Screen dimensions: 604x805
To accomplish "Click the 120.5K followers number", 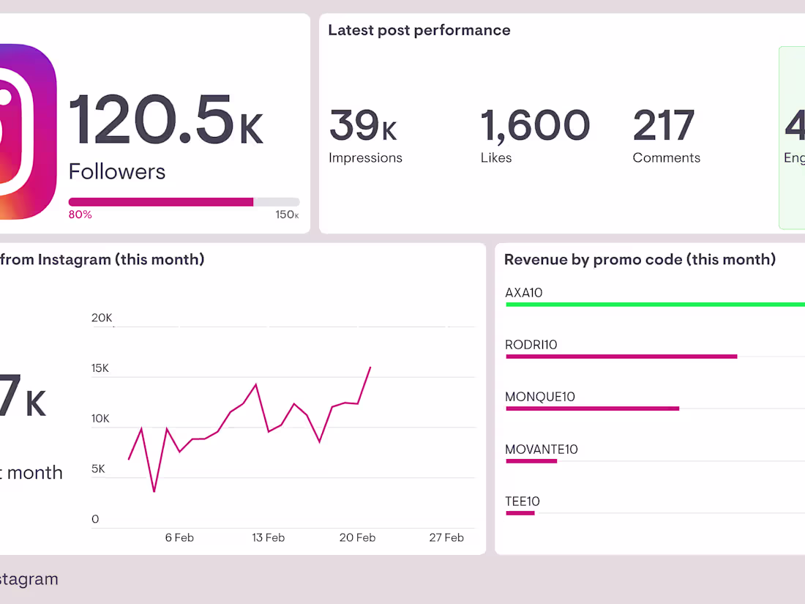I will pos(165,122).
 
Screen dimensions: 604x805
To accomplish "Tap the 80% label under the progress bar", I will pos(80,215).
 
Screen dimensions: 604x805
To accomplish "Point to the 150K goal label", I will pos(287,215).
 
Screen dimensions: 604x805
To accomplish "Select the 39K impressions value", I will pos(362,125).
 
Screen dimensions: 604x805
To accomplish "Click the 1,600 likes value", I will pos(535,125).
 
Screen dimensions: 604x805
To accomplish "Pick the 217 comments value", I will pos(663,125).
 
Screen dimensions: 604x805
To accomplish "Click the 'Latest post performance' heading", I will pos(419,30).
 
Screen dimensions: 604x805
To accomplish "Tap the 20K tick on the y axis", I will pos(102,318).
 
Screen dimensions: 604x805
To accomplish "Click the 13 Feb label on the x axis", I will pos(268,537).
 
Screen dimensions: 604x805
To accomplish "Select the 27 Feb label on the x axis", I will pos(446,537).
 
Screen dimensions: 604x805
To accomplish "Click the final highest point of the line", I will pos(370,368).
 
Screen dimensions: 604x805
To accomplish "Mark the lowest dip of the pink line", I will pos(154,491).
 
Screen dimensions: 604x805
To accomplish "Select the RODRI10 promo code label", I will pos(531,345).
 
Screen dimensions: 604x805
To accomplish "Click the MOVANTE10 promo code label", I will pos(542,450).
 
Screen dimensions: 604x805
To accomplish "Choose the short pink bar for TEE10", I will pos(520,513).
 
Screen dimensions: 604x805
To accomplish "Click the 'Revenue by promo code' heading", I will pos(640,259).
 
